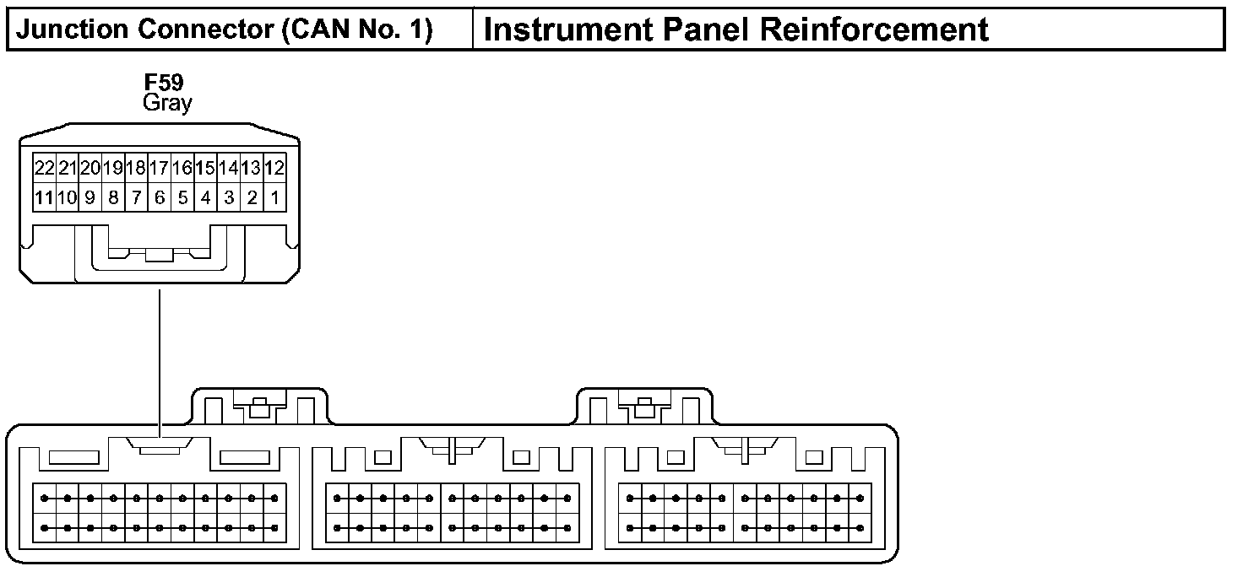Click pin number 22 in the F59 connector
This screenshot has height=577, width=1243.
click(45, 168)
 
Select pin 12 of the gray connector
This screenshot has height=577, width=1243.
click(274, 168)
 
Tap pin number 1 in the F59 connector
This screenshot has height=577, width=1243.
click(274, 198)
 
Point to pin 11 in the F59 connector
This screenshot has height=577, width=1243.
click(45, 198)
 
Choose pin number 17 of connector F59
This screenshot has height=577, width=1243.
click(159, 168)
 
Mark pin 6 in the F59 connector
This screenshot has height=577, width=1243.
click(159, 198)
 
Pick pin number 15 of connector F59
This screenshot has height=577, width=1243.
click(205, 168)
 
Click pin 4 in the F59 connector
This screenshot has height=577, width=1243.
click(205, 198)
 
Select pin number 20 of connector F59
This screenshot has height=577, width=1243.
click(90, 168)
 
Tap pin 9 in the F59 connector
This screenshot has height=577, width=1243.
click(90, 198)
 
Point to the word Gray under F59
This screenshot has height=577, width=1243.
click(167, 103)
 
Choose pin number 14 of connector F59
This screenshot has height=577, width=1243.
click(228, 168)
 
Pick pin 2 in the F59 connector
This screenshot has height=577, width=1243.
click(252, 198)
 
